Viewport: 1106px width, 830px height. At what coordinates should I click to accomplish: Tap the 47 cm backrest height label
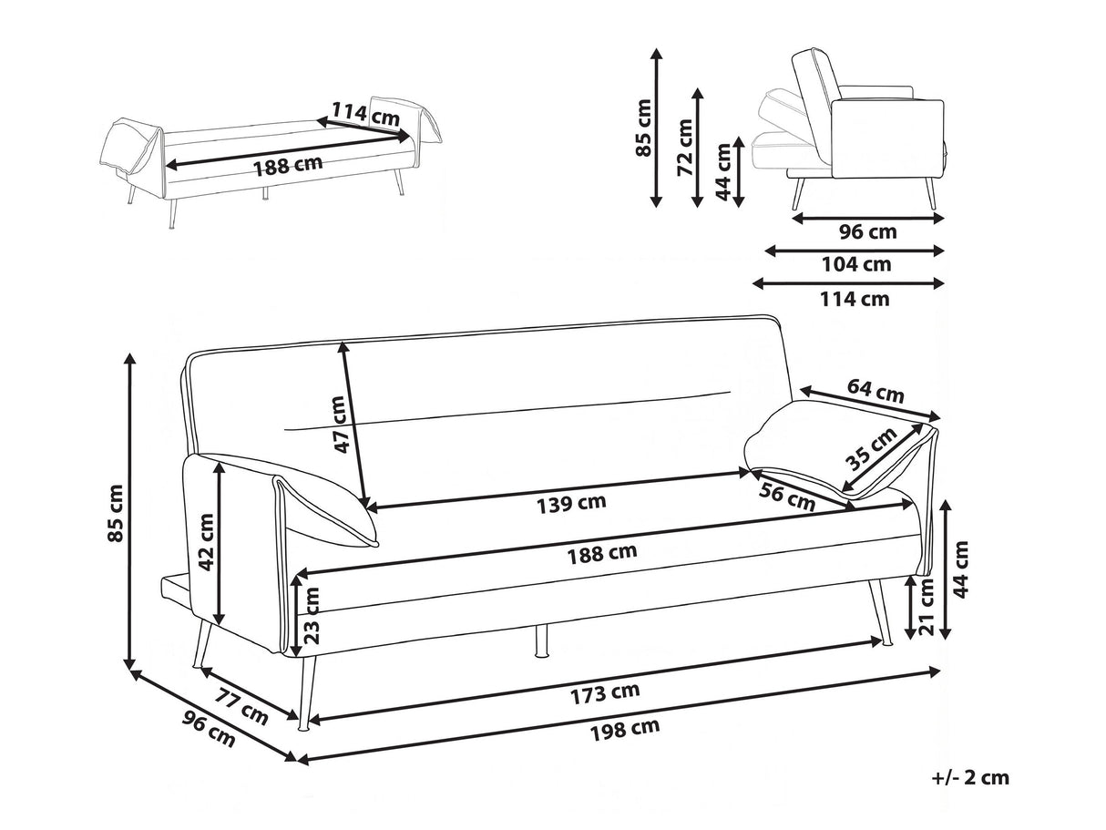click(340, 425)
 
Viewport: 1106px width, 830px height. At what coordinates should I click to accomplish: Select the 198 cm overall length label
click(624, 726)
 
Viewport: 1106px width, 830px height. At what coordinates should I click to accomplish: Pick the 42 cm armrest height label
click(206, 542)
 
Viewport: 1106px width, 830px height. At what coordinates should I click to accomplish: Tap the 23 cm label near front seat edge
click(312, 615)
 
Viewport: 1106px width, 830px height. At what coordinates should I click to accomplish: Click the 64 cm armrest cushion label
click(876, 391)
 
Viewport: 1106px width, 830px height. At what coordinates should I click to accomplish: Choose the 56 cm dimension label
click(786, 498)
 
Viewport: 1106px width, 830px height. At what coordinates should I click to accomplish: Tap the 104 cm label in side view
click(855, 265)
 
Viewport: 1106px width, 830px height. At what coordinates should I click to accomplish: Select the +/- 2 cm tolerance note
click(971, 777)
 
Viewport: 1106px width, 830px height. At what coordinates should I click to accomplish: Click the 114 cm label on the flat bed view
click(364, 114)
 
